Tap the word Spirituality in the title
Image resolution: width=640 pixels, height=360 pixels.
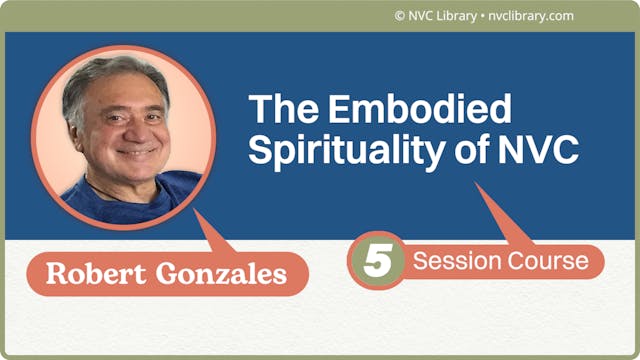click(343, 150)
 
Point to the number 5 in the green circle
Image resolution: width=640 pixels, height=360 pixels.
click(376, 262)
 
